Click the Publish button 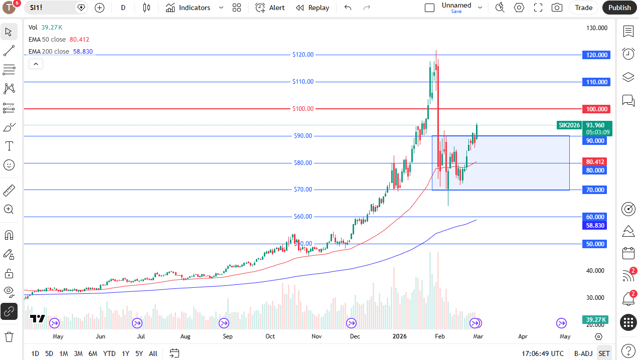point(619,8)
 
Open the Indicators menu point(189,8)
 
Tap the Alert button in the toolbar point(270,8)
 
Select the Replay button point(312,8)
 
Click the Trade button point(583,8)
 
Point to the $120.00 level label point(303,55)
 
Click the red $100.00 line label point(303,109)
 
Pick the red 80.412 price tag point(595,161)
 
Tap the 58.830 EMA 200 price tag point(595,226)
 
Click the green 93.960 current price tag point(595,125)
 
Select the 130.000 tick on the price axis point(597,28)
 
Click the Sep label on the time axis point(228,336)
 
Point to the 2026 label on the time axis point(400,336)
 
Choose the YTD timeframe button point(109,353)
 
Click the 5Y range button point(139,353)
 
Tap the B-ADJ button point(583,353)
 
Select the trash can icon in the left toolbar point(9,336)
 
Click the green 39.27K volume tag point(595,319)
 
